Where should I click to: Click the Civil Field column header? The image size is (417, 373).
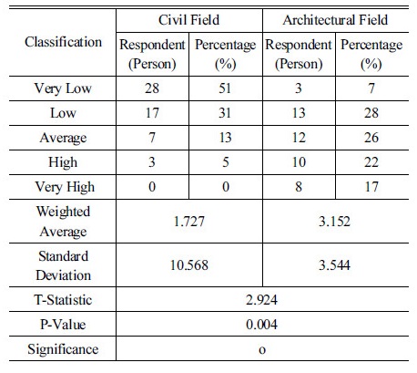pos(188,20)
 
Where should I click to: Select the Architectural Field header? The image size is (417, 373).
pos(335,20)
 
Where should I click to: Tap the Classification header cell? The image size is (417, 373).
pos(63,42)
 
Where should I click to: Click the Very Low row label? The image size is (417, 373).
pos(63,88)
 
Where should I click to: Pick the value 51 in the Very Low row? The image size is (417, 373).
pos(225,88)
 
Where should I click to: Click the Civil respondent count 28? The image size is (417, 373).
pos(152,88)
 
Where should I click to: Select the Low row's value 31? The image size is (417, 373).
pos(225,113)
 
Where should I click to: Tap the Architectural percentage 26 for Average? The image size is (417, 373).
pos(371,138)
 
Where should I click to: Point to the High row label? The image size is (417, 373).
pos(63,162)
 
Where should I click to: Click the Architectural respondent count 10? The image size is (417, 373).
pos(299,162)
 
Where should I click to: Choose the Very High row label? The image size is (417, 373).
pos(65,187)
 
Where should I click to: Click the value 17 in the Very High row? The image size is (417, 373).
pos(371,187)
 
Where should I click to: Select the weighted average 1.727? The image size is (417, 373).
pos(189,221)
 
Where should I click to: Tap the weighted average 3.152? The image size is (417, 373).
pos(334,221)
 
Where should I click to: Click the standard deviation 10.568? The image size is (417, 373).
pos(189,264)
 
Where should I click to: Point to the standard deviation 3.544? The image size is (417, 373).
pos(334,264)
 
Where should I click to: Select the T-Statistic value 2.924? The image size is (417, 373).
pos(261,300)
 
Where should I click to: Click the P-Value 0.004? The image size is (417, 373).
pos(261,325)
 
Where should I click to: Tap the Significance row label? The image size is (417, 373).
pos(63,349)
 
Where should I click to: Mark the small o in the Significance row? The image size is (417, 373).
pos(262,350)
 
